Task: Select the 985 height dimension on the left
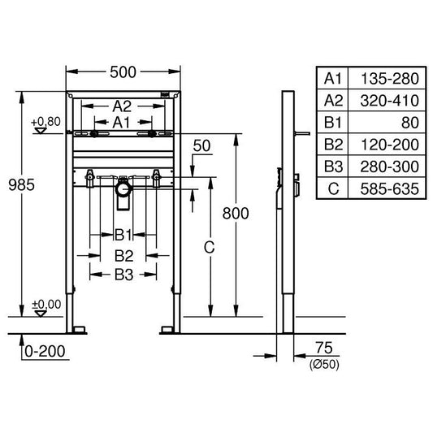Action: [22, 185]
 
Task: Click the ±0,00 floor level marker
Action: [46, 304]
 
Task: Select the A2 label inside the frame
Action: [122, 106]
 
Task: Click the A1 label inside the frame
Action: [122, 121]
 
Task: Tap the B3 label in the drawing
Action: [123, 275]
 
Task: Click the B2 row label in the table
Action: [333, 144]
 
